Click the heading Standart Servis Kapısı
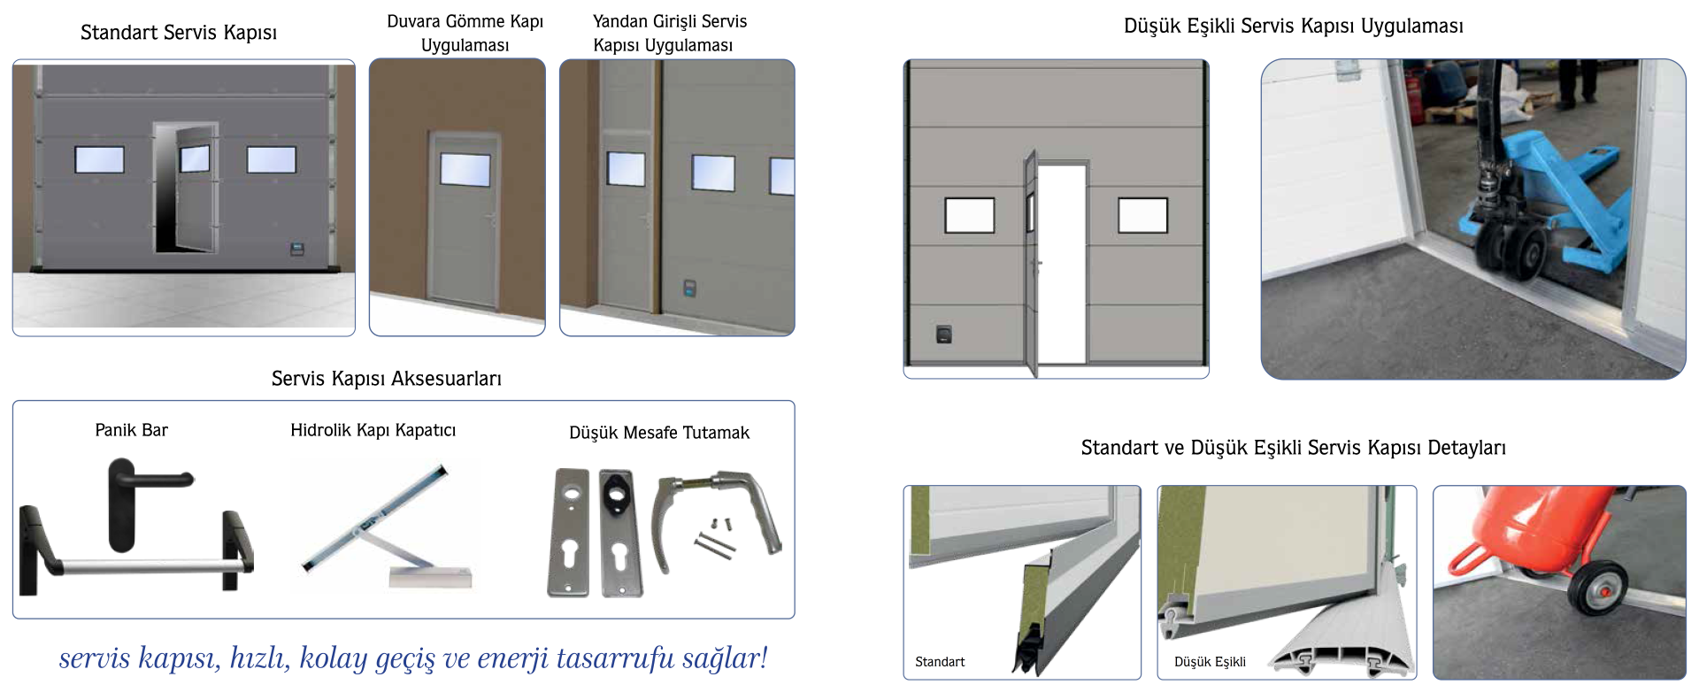(179, 33)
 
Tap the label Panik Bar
(131, 430)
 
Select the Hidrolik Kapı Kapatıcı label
(373, 430)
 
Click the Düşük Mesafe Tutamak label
(659, 433)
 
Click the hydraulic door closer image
(386, 527)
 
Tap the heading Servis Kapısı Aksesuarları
(387, 379)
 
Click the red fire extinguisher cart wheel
(1597, 588)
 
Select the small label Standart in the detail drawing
(940, 662)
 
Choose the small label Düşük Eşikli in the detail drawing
(1210, 662)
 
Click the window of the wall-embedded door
(465, 169)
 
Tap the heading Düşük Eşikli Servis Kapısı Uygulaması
(1293, 27)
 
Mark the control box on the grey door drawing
(944, 335)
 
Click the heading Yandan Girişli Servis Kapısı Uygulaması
(670, 33)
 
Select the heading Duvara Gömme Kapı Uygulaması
(465, 33)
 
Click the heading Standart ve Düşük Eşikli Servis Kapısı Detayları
(1293, 448)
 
